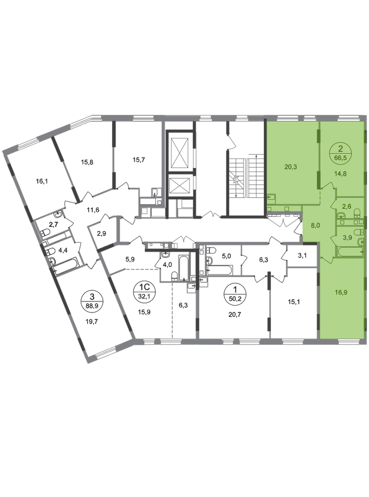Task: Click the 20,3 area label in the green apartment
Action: click(290, 166)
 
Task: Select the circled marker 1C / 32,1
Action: click(142, 291)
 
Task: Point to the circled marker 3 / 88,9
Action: click(92, 301)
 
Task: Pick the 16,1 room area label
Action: click(42, 181)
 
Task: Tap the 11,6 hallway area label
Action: click(93, 210)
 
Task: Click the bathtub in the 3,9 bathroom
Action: click(349, 252)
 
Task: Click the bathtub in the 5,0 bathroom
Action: click(219, 270)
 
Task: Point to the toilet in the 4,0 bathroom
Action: click(174, 276)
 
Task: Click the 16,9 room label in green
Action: click(341, 292)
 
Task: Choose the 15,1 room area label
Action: click(294, 302)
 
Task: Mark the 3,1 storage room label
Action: click(302, 254)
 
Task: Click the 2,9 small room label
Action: click(101, 234)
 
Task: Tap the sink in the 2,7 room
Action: click(58, 215)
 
